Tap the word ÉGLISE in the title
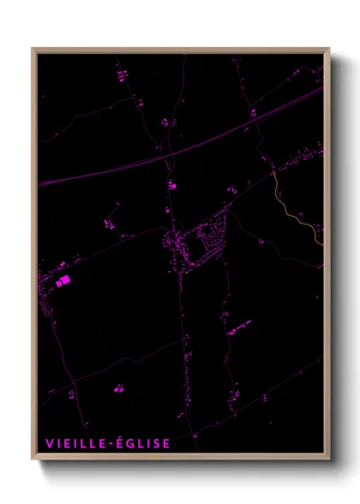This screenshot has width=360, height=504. (x=147, y=443)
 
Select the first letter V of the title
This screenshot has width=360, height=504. (x=50, y=443)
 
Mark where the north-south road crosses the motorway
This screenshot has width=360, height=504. (x=167, y=154)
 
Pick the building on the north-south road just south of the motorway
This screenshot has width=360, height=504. (x=171, y=185)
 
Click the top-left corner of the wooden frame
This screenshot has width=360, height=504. (x=33, y=50)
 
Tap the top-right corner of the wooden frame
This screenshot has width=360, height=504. (x=328, y=50)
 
